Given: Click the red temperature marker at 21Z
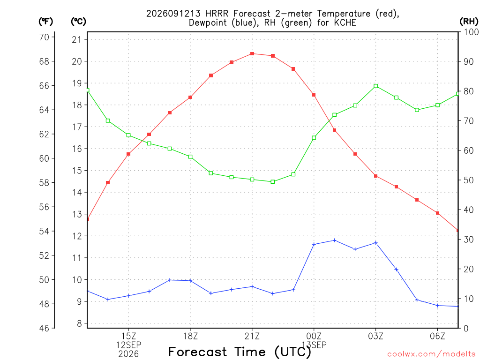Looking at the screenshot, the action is click(252, 54).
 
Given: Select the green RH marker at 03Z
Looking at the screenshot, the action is click(376, 86).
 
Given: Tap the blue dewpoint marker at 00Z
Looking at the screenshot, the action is click(314, 244).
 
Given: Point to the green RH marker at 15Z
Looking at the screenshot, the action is click(128, 135).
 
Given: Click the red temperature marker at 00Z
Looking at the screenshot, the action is click(314, 95).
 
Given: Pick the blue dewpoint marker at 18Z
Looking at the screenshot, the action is click(190, 281).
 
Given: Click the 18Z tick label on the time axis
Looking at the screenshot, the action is click(190, 336).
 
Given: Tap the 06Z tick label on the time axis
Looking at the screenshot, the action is click(437, 336).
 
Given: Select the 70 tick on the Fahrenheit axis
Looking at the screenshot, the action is click(44, 37).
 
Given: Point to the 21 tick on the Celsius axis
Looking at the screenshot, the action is click(77, 39).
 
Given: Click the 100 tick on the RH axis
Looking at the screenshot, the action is click(472, 32).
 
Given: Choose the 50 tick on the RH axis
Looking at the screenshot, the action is click(468, 180).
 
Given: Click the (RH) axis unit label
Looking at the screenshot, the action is click(469, 22).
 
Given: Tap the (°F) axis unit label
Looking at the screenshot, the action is click(45, 22).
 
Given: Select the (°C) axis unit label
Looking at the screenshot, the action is click(78, 22).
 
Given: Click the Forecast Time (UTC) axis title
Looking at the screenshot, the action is click(240, 352).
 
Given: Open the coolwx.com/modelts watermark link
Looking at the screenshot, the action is click(431, 354).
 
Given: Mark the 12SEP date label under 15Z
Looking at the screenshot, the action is click(128, 345).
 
